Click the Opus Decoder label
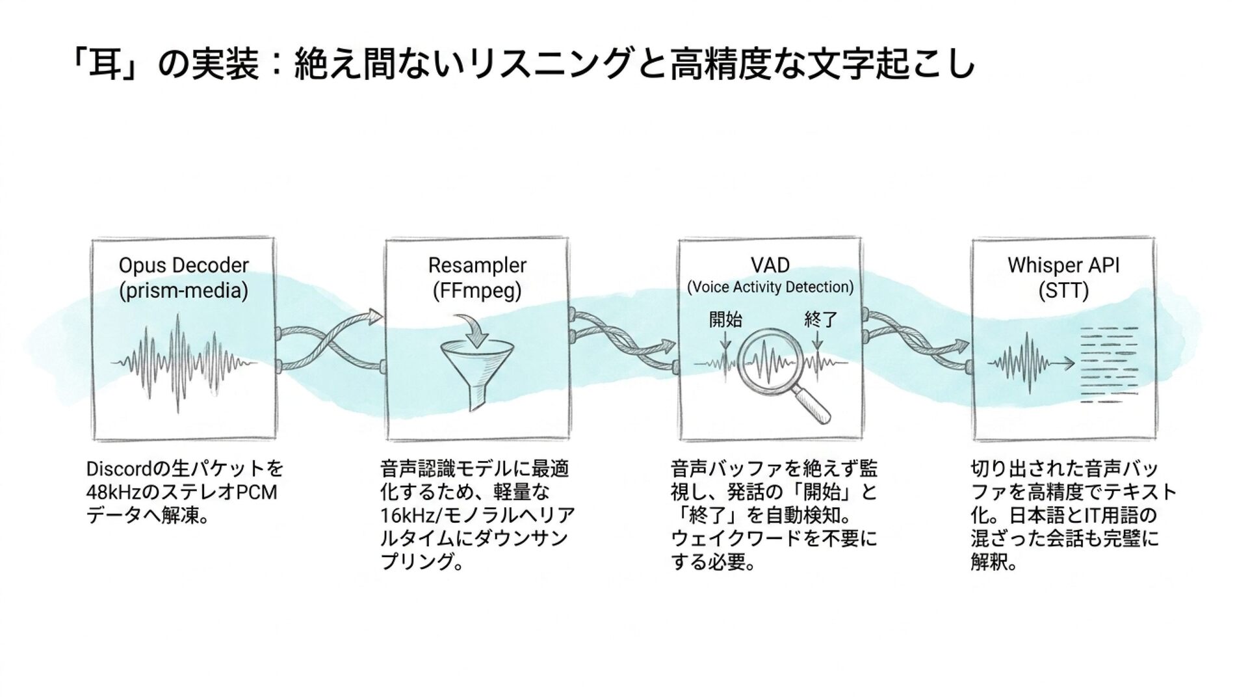coord(183,265)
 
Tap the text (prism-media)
coord(183,291)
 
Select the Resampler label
coord(477,265)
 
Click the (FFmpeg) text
coord(477,291)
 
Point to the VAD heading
coord(770,265)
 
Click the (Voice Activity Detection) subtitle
coord(770,287)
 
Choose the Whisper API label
coord(1063,265)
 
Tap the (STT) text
coord(1063,291)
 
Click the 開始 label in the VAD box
coord(725,319)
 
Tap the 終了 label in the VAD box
coord(820,319)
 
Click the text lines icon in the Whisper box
coord(1108,364)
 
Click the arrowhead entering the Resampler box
coord(375,317)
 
